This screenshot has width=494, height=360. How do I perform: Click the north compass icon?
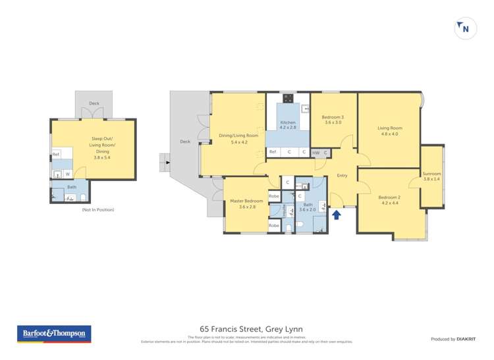tap(466, 29)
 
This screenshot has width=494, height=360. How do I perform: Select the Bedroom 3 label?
tap(334, 117)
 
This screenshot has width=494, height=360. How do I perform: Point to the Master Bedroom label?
tap(246, 201)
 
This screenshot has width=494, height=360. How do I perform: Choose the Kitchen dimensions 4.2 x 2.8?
tap(288, 128)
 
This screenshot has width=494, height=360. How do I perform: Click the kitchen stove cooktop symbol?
tap(288, 99)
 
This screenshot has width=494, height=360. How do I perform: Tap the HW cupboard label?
tap(316, 153)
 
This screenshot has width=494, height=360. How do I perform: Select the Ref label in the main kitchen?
tap(273, 152)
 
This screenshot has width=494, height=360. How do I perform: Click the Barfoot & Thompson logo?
tap(53, 334)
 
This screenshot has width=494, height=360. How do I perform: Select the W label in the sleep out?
tap(67, 174)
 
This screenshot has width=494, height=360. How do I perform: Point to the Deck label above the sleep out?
tap(94, 103)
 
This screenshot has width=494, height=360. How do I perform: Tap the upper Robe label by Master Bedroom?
tap(274, 196)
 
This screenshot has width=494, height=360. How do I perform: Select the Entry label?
tap(342, 176)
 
